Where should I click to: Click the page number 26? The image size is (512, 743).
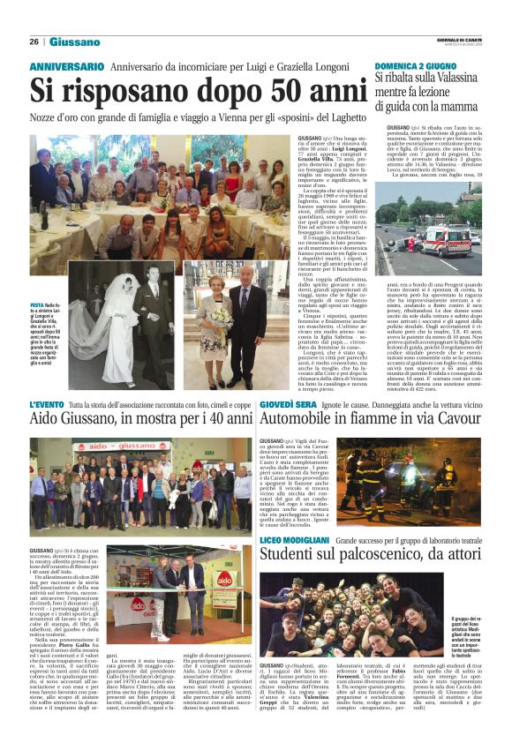pos(34,41)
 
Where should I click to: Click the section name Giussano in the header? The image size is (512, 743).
pos(74,41)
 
